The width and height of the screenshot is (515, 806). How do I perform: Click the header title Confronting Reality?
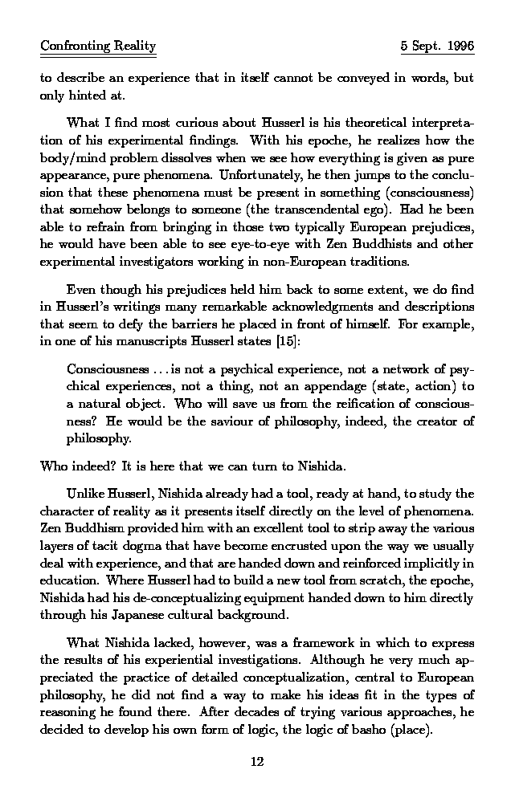pyautogui.click(x=98, y=47)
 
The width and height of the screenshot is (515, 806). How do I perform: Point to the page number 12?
pyautogui.click(x=257, y=762)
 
